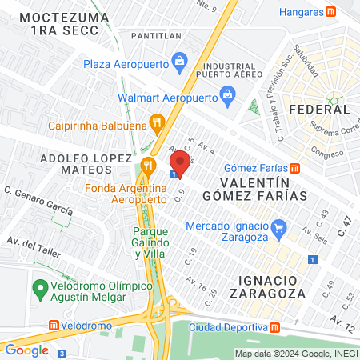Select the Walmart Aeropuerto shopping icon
click(x=228, y=96)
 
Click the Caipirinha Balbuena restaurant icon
click(x=157, y=123)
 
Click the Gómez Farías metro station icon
click(x=295, y=167)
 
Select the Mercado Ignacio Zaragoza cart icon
click(x=278, y=227)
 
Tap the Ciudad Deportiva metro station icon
click(x=274, y=327)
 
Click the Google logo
click(x=26, y=350)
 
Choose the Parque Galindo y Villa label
click(x=148, y=242)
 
